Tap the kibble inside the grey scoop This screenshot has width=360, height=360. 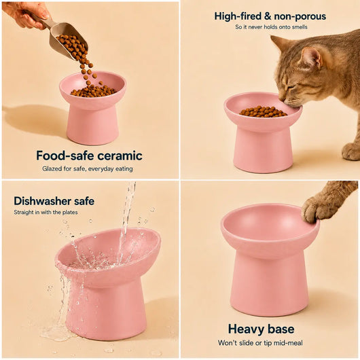coord(71,46)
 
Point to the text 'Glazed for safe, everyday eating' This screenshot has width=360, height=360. coord(88,168)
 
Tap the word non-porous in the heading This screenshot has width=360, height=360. coord(300,16)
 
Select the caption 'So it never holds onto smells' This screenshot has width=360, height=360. coord(271,27)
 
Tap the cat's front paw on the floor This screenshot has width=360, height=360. coord(350,151)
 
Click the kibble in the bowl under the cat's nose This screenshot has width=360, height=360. coord(263,111)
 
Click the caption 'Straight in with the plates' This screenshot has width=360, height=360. coord(46,212)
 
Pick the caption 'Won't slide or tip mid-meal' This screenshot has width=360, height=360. coord(260,343)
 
